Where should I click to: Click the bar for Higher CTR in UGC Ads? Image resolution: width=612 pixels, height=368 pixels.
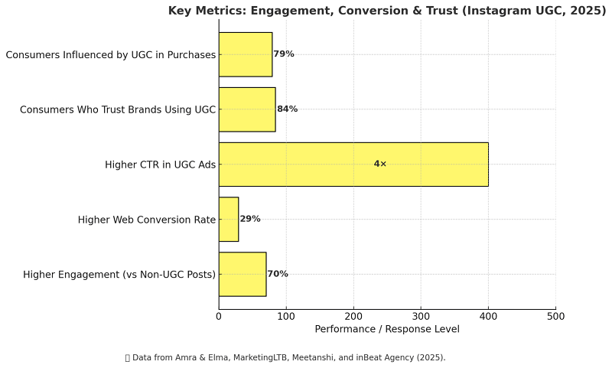point(353,164)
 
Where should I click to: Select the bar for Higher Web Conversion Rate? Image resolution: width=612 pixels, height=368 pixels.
point(229,219)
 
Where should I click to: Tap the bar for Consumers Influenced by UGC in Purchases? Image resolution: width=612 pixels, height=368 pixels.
point(246,54)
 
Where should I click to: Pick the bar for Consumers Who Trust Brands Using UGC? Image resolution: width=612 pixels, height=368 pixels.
point(247,109)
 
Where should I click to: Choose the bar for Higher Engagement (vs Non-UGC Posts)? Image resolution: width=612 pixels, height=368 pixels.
point(243,274)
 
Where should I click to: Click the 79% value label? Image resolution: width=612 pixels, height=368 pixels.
point(284,54)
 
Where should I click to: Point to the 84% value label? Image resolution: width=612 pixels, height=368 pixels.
point(287,109)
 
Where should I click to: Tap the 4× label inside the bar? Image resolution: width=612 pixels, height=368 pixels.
point(380,164)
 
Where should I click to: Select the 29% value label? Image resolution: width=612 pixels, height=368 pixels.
point(250,219)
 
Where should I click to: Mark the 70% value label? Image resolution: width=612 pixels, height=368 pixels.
point(278,274)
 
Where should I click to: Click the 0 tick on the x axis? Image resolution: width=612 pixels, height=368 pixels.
point(219,315)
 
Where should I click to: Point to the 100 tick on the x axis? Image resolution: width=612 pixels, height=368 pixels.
point(286,315)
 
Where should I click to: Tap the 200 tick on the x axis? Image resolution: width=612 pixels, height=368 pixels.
point(353,315)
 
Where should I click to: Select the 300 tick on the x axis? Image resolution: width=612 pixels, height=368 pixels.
point(421,315)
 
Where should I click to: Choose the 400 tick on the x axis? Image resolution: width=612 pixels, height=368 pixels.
point(489,315)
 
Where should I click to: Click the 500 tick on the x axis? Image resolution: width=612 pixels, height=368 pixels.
point(556,315)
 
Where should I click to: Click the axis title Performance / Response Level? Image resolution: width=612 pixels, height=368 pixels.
point(387,329)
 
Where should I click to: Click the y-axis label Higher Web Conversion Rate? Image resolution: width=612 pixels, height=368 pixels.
point(147,220)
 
